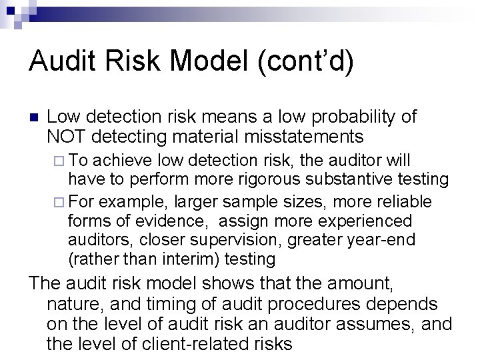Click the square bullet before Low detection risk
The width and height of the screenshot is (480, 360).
pos(35,118)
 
